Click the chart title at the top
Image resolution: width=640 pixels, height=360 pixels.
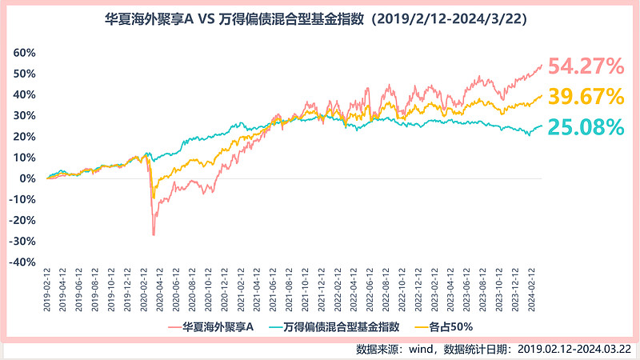[320, 18]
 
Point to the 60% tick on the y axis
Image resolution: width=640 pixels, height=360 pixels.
[25, 53]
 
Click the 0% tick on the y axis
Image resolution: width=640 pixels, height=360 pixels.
[28, 178]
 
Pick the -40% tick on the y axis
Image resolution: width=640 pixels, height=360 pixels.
[23, 262]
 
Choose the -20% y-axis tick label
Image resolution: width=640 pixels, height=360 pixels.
[23, 220]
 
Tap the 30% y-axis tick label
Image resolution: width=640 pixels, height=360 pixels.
[25, 115]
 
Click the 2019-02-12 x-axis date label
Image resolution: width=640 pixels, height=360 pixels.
[47, 291]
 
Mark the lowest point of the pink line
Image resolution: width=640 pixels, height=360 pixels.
[153, 235]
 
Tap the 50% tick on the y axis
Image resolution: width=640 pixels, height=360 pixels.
[25, 74]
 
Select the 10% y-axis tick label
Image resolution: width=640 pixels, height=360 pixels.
[25, 158]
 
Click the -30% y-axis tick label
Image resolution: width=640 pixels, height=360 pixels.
[23, 241]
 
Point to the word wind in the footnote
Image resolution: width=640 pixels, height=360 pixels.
[425, 349]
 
